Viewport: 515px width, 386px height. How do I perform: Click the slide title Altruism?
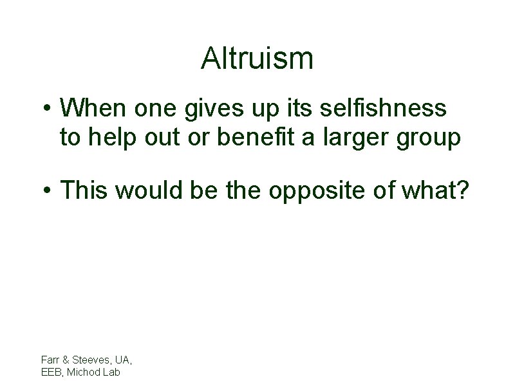tap(257, 59)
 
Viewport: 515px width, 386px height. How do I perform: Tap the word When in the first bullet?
tap(95, 108)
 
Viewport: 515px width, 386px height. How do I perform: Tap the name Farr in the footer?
tap(50, 360)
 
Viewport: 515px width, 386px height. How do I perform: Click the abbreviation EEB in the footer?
tap(51, 371)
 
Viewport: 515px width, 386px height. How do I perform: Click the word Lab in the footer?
tap(111, 371)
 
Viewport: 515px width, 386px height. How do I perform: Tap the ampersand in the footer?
tap(63, 360)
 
